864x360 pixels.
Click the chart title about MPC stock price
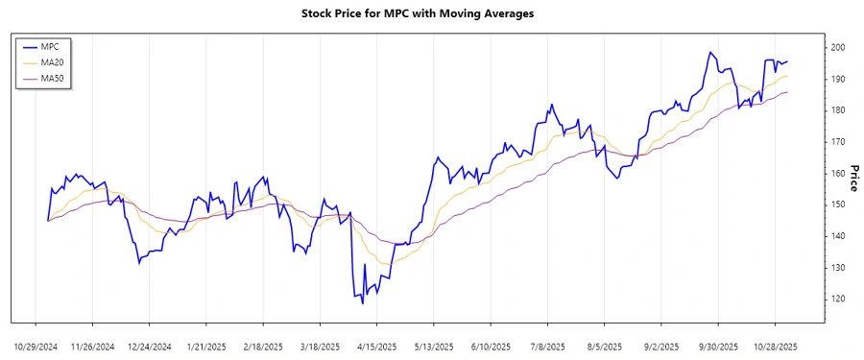pyautogui.click(x=431, y=13)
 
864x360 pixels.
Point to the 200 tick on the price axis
pyautogui.click(x=838, y=47)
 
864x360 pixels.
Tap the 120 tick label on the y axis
pyautogui.click(x=838, y=300)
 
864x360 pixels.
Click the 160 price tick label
pyautogui.click(x=838, y=174)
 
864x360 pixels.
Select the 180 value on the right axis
pyautogui.click(x=838, y=110)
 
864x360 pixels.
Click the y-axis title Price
pyautogui.click(x=853, y=174)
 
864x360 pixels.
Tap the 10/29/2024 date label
pyautogui.click(x=36, y=346)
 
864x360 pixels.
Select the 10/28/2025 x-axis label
pyautogui.click(x=774, y=346)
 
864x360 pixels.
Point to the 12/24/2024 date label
pyautogui.click(x=149, y=346)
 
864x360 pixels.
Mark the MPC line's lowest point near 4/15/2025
pyautogui.click(x=363, y=303)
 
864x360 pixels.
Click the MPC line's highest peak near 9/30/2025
pyautogui.click(x=709, y=52)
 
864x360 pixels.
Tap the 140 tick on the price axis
pyautogui.click(x=838, y=236)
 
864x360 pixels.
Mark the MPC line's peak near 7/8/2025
pyautogui.click(x=552, y=105)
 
